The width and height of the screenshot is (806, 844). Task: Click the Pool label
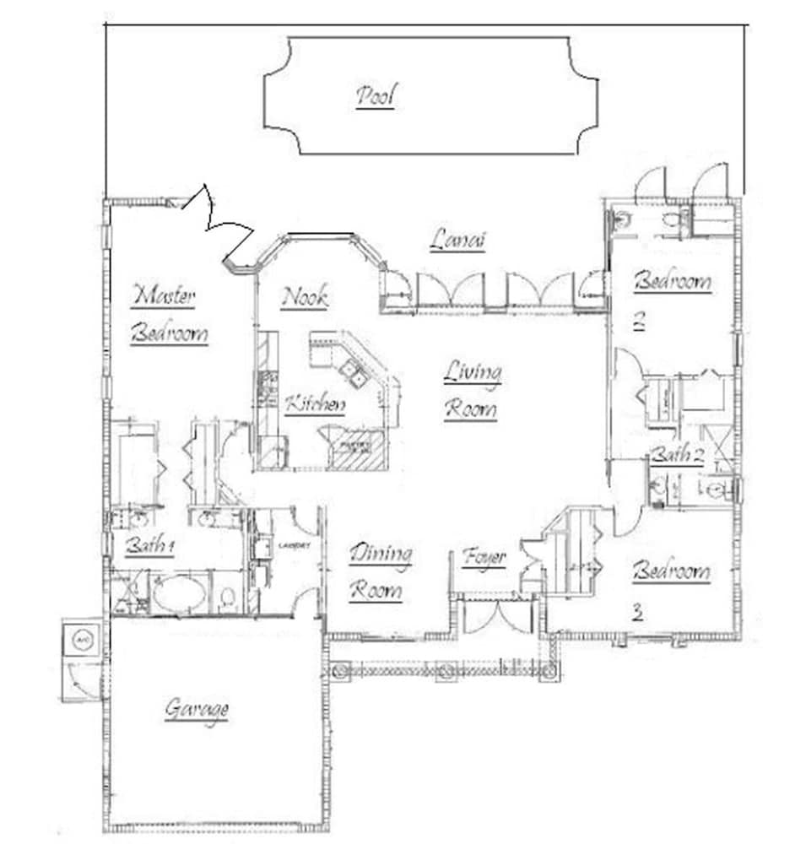pyautogui.click(x=376, y=97)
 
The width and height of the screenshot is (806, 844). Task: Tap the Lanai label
pyautogui.click(x=458, y=241)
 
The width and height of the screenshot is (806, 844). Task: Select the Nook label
pyautogui.click(x=305, y=297)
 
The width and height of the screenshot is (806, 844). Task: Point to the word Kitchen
pyautogui.click(x=315, y=405)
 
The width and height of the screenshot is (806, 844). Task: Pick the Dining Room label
pyautogui.click(x=381, y=572)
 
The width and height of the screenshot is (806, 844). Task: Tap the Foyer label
pyautogui.click(x=484, y=557)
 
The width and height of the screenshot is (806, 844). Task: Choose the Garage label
pyautogui.click(x=197, y=709)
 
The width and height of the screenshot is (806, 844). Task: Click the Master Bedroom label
pyautogui.click(x=168, y=314)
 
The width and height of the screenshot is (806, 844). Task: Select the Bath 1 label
pyautogui.click(x=149, y=546)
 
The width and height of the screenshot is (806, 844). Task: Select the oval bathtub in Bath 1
pyautogui.click(x=179, y=593)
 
